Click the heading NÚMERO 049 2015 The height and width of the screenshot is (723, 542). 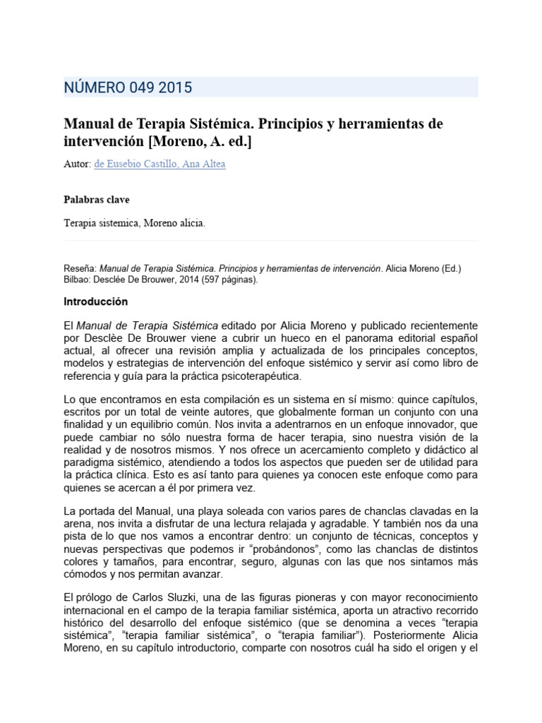click(x=128, y=88)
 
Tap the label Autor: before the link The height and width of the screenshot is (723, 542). click(x=78, y=164)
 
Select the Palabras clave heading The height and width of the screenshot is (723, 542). click(x=97, y=200)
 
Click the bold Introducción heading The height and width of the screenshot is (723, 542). click(x=96, y=301)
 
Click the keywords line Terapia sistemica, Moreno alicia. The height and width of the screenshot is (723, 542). click(x=134, y=223)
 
